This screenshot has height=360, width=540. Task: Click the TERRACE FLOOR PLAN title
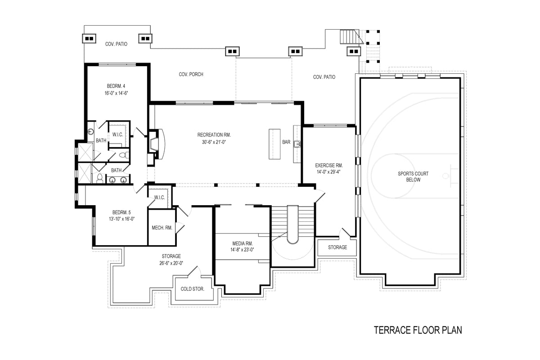418,330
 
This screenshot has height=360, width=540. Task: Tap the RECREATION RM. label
214,135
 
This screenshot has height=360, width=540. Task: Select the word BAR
286,142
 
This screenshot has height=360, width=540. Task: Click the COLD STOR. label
193,289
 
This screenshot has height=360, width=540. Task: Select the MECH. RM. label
162,228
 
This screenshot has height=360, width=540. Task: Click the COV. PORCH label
191,74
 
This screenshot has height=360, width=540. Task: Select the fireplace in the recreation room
155,144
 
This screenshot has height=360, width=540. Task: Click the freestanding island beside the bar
274,144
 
